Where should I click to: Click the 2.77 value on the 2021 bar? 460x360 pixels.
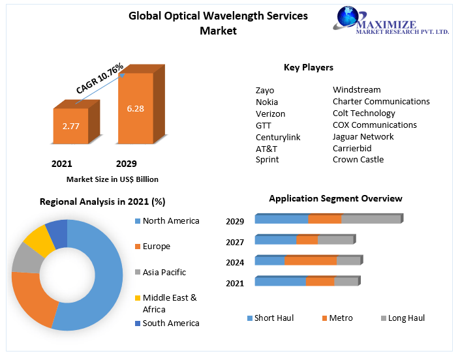(x=70, y=126)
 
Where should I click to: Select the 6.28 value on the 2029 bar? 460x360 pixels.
(x=135, y=108)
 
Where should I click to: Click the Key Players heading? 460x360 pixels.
(x=308, y=67)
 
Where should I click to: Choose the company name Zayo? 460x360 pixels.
(x=265, y=90)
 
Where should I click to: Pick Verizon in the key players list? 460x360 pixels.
(x=270, y=113)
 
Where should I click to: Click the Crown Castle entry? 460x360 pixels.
(x=358, y=160)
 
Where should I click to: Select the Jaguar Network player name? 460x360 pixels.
(x=363, y=136)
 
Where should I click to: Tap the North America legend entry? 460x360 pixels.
(x=170, y=221)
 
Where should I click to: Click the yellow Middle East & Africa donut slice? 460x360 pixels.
(x=38, y=239)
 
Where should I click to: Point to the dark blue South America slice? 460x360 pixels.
(x=57, y=233)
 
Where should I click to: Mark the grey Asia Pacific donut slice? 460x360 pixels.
(x=27, y=257)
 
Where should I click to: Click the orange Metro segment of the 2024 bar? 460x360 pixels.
(x=310, y=261)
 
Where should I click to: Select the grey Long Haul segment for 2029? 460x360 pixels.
(x=371, y=219)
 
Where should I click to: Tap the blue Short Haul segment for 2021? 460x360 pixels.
(x=280, y=282)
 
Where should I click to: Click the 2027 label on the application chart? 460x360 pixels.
(x=235, y=242)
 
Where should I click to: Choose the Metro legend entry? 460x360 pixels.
(x=340, y=318)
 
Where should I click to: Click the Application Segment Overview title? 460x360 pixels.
(x=335, y=198)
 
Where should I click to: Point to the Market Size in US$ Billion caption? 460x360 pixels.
(x=112, y=179)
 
